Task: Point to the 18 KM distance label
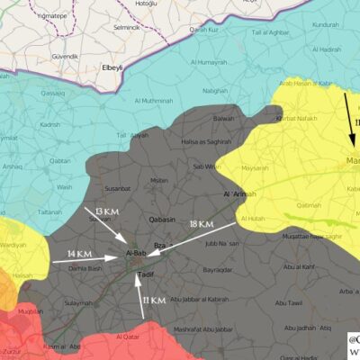[201, 224]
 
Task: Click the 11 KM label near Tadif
[154, 300]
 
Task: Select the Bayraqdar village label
[219, 269]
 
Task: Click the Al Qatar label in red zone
[129, 337]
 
